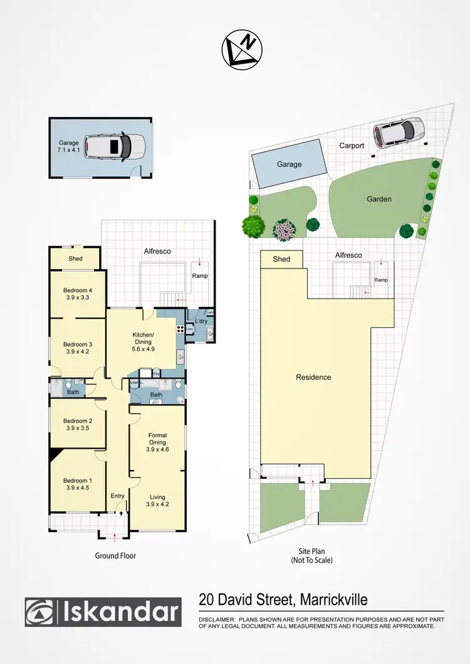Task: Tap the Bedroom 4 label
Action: point(77,290)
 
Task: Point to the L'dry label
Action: point(201,321)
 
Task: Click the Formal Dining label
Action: point(157,439)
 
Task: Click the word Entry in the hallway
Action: point(118,496)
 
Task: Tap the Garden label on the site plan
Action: point(379,199)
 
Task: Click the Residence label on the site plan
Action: point(313,377)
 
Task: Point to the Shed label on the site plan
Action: point(281,259)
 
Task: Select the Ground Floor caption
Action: point(115,556)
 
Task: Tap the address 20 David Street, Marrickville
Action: point(283,600)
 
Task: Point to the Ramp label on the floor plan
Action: point(199,275)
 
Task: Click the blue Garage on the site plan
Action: point(289,165)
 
